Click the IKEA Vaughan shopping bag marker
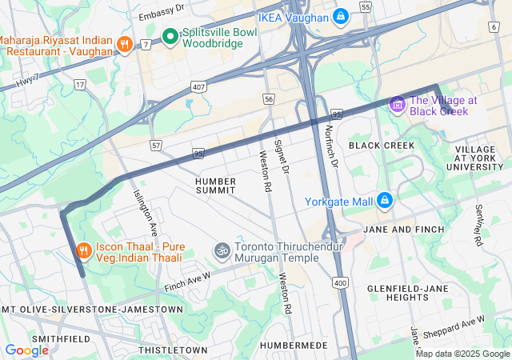click(x=341, y=16)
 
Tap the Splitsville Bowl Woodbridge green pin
click(x=170, y=36)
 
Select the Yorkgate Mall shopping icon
click(x=384, y=200)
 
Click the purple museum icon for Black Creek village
click(x=398, y=105)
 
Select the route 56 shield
click(x=269, y=98)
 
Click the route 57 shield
click(x=156, y=146)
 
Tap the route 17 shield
click(x=80, y=83)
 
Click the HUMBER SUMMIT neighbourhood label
click(x=215, y=186)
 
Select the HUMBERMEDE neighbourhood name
click(x=294, y=345)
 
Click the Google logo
click(x=26, y=350)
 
